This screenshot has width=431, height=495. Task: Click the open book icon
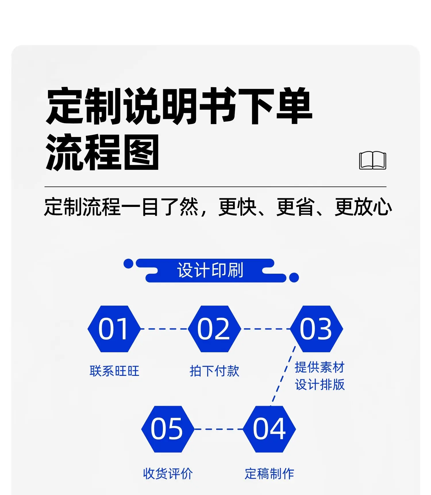[x=372, y=160]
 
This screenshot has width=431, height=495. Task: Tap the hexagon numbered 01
[x=114, y=329]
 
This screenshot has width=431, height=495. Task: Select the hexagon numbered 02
[x=214, y=329]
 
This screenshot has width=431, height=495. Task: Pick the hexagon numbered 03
[x=316, y=329]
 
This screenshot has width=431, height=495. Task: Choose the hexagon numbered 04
[x=269, y=429]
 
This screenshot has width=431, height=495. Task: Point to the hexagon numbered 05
[x=168, y=429]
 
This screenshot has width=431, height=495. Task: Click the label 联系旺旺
[x=114, y=371]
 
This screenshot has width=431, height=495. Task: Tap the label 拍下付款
[x=214, y=371]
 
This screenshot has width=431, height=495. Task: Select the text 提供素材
[x=320, y=367]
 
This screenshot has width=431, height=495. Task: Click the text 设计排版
[x=320, y=384]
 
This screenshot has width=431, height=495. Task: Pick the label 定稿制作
[x=269, y=474]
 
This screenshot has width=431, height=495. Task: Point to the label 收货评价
[x=168, y=474]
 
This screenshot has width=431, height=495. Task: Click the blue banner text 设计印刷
[x=210, y=270]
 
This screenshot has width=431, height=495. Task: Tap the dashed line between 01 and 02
[x=164, y=329]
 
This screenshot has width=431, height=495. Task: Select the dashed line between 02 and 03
[x=265, y=329]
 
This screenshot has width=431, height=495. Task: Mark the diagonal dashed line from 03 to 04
[x=283, y=376]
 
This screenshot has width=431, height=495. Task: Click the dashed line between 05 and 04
[x=219, y=429]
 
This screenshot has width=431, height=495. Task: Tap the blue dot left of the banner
[x=128, y=264]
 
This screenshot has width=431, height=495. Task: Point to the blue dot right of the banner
[x=294, y=277]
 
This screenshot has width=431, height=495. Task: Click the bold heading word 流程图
[x=102, y=152]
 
